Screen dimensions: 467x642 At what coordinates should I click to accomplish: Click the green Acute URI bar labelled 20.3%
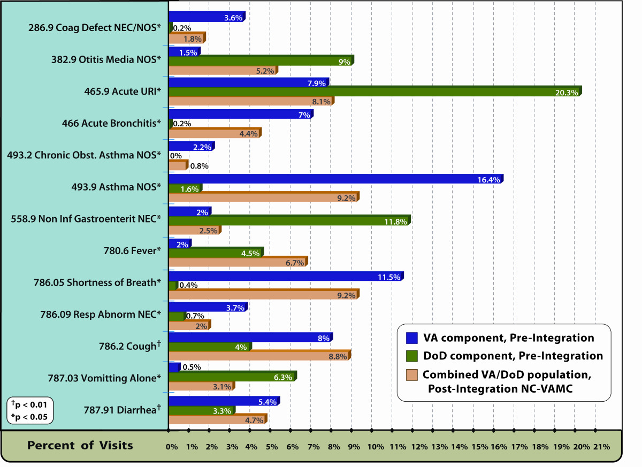(x=374, y=92)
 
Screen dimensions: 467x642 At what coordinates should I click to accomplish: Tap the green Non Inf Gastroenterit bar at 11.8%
(x=289, y=220)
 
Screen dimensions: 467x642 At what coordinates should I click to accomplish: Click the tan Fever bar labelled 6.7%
(x=238, y=262)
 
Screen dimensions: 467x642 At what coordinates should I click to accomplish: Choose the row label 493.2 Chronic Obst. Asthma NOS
(x=84, y=155)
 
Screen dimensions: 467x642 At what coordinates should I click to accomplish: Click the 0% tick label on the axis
(x=171, y=446)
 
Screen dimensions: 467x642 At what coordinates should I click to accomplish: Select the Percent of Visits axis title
(x=80, y=445)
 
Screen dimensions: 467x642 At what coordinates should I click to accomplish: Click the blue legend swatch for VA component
(x=412, y=338)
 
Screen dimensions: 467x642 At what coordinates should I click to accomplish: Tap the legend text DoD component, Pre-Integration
(x=513, y=356)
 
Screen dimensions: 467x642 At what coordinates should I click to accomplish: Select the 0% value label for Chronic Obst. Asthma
(x=175, y=156)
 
